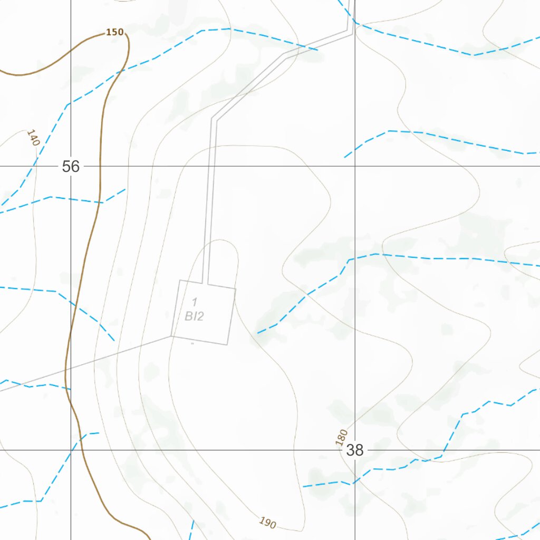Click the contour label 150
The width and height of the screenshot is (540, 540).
tap(114, 32)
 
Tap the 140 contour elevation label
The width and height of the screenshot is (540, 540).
tap(33, 138)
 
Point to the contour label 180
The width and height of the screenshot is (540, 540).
tap(342, 438)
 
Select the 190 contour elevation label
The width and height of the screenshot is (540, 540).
tap(267, 523)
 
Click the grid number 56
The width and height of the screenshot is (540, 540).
tap(71, 167)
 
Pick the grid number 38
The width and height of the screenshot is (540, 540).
tap(355, 450)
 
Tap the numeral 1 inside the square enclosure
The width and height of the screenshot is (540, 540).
tap(195, 302)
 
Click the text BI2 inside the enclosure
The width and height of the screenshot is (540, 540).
tap(194, 316)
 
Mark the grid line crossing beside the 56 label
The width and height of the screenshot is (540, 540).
tap(71, 166)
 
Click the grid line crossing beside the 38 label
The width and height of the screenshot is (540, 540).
tap(355, 450)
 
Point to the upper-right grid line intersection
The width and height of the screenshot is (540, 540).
tap(355, 166)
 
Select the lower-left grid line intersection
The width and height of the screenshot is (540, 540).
tap(71, 450)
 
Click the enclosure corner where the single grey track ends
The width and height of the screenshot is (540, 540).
tap(172, 335)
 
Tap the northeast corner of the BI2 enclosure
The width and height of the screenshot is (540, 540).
tap(236, 289)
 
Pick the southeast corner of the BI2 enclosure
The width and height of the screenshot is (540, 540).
tap(227, 345)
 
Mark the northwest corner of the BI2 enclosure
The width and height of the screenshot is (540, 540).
tap(180, 280)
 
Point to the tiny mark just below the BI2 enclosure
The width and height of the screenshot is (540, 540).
tap(192, 343)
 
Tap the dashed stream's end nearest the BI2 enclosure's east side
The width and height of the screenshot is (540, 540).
tap(258, 333)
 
